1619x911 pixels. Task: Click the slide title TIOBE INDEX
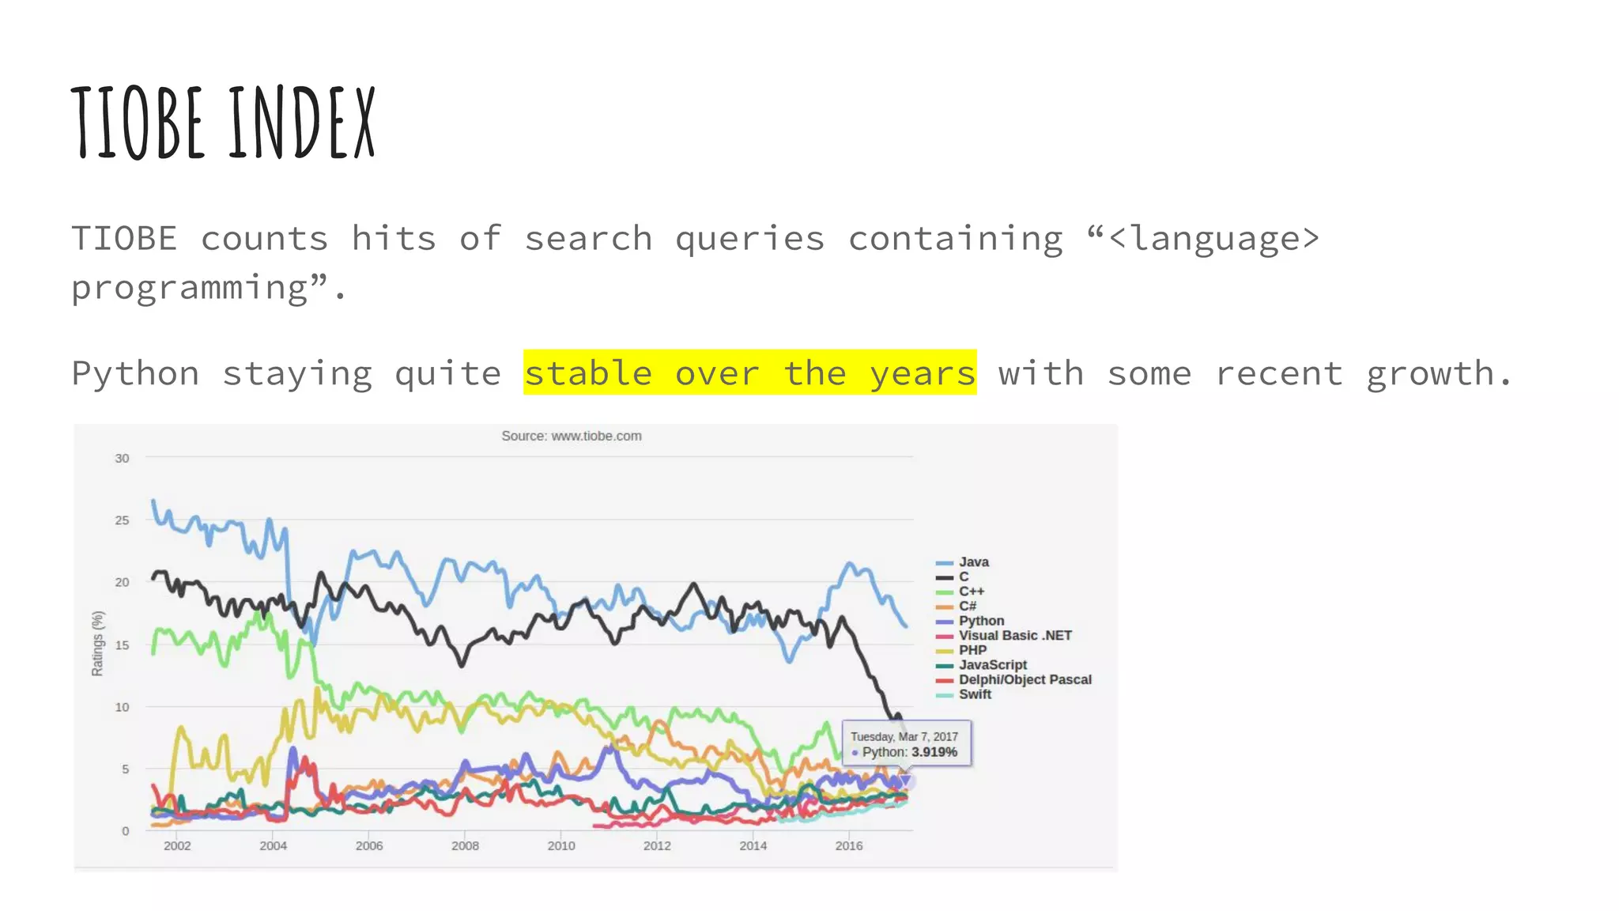pos(223,123)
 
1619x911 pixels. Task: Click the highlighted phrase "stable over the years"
pos(749,372)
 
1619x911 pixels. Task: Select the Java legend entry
pos(973,562)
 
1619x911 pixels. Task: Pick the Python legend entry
pos(981,621)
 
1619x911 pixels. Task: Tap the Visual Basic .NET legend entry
pos(1015,636)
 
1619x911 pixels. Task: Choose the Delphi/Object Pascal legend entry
pos(1025,680)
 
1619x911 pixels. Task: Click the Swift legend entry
pos(975,694)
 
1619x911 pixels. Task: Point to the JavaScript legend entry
pos(993,665)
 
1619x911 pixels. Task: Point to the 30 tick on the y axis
pos(122,459)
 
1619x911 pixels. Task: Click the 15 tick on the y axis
pos(122,645)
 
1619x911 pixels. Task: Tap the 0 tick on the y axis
pos(125,831)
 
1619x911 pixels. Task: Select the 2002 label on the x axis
pos(177,846)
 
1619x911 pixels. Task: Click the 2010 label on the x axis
pos(561,846)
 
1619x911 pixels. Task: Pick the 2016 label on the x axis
pos(849,846)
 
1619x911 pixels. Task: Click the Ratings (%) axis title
pos(97,644)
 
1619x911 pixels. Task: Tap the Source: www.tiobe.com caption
pos(572,436)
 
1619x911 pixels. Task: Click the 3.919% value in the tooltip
pos(934,752)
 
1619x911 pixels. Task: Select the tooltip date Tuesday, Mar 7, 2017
pos(904,737)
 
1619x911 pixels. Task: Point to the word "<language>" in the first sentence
pos(1213,239)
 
